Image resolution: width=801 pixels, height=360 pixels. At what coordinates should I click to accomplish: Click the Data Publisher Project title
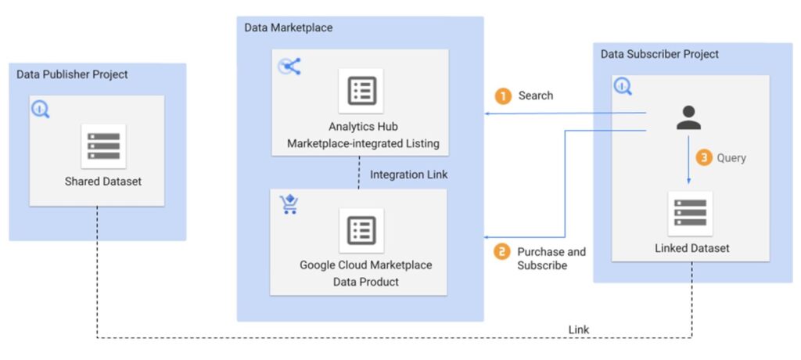(x=72, y=74)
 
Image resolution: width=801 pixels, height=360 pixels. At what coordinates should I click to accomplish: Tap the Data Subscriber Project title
(x=659, y=54)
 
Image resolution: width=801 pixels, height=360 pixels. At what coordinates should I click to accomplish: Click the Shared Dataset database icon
(x=103, y=146)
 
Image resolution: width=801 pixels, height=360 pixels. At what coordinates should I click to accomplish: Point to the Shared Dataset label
(x=103, y=182)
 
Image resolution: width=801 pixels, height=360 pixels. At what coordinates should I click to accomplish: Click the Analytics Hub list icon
(x=361, y=92)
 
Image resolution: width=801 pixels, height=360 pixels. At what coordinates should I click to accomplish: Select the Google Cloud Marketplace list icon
(x=361, y=230)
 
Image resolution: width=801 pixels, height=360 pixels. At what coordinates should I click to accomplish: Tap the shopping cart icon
(x=289, y=205)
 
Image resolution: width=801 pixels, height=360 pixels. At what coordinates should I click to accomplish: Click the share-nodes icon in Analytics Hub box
(x=289, y=67)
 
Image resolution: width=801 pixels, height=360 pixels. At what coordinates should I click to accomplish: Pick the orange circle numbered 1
(x=503, y=95)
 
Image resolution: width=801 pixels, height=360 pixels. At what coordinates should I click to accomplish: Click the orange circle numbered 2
(x=503, y=252)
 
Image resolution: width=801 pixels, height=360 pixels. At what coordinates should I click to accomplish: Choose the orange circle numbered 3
(x=704, y=158)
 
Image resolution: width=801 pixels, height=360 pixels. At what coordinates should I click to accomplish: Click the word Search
(x=535, y=95)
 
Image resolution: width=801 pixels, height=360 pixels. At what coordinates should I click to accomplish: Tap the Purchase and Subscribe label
(x=551, y=258)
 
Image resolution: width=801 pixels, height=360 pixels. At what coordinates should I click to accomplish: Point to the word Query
(x=731, y=158)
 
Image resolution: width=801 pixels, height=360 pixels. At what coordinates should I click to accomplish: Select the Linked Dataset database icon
(x=690, y=213)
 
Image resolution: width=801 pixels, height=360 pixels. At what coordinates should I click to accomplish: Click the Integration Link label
(x=409, y=174)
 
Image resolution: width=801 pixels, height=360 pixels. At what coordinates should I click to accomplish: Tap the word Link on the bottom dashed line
(x=578, y=329)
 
